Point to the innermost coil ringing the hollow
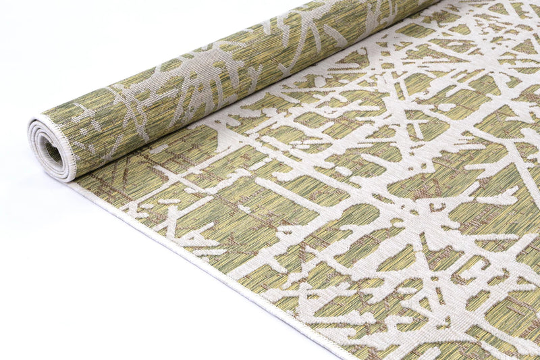click(44, 143)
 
